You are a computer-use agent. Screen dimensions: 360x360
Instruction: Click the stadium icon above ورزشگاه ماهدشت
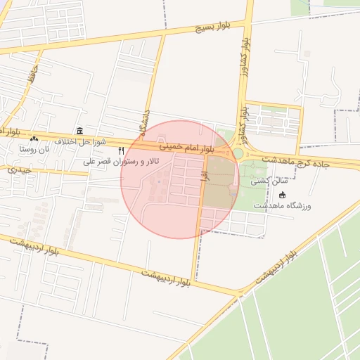click(283, 195)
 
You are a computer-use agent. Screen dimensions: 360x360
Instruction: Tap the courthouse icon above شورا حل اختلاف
click(79, 131)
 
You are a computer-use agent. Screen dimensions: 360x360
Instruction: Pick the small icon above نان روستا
click(34, 139)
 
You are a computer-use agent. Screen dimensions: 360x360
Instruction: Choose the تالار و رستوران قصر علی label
click(122, 162)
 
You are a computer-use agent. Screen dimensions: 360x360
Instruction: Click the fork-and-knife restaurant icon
click(122, 150)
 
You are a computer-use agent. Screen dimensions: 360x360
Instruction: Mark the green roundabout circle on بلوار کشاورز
click(238, 153)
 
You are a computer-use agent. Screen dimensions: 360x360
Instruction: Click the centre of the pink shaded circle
click(180, 179)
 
